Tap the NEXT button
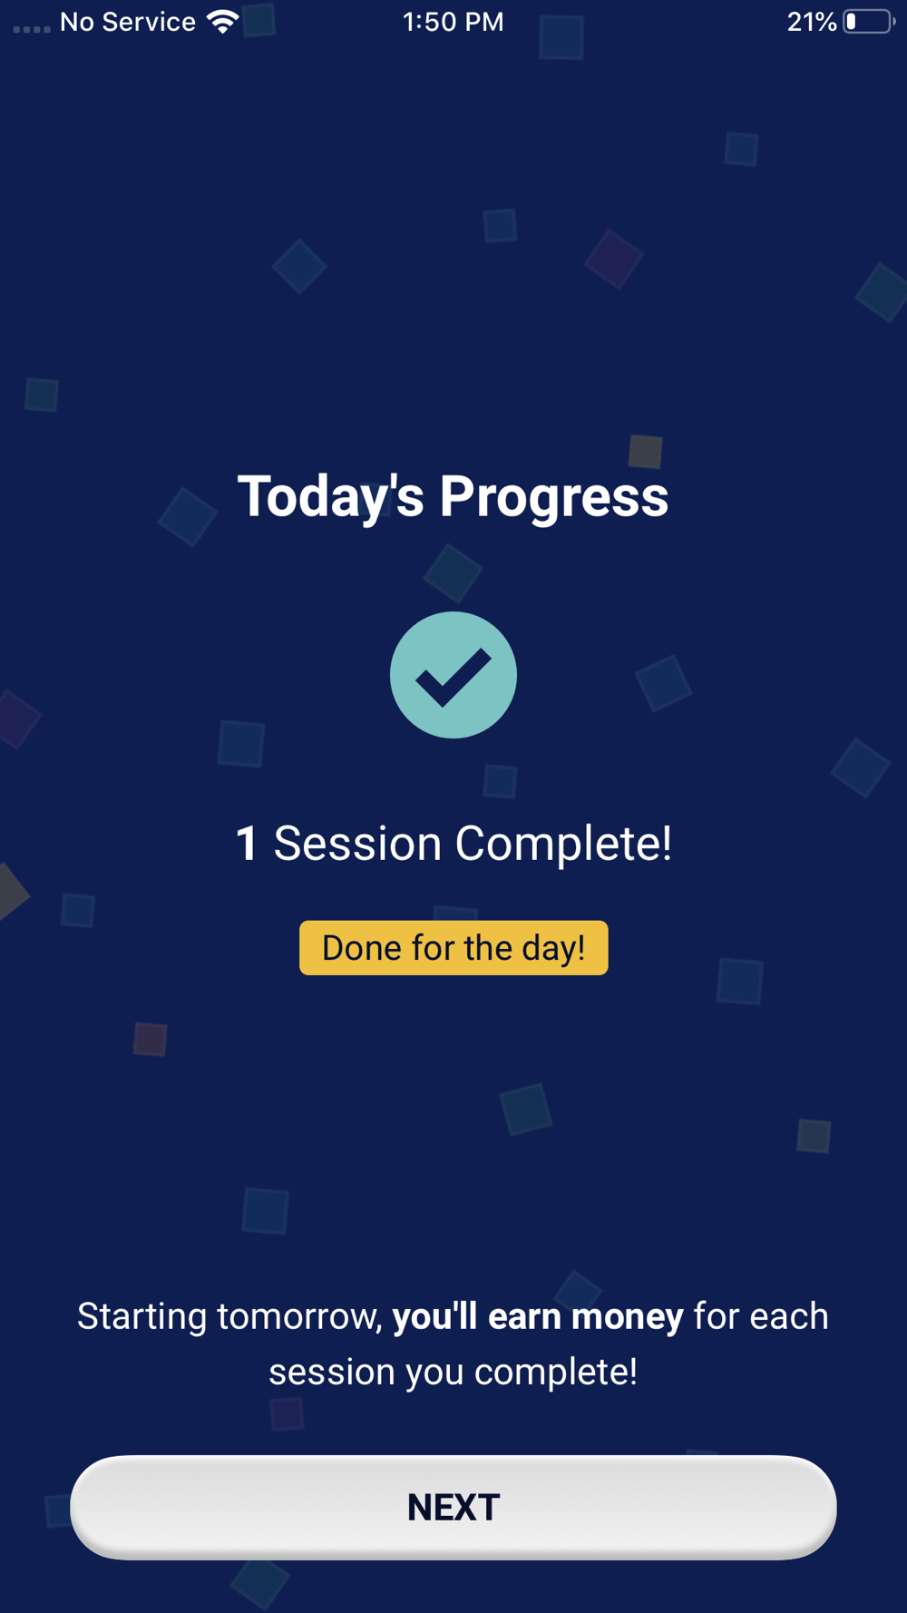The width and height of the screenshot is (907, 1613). pos(453,1507)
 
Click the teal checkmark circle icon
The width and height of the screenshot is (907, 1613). pos(453,675)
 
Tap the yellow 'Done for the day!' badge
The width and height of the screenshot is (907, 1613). pos(453,948)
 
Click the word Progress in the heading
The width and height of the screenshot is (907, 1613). pos(554,497)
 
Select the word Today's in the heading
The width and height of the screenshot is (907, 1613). pos(331,497)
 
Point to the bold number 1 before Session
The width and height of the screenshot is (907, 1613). pos(247,844)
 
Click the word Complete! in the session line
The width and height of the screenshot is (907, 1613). pos(563,844)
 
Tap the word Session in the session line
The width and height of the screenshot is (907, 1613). pos(357,844)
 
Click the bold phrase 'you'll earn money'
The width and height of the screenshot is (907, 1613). pos(538,1316)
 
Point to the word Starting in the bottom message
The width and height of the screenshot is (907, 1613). pos(141,1317)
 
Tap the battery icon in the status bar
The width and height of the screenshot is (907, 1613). pos(869,22)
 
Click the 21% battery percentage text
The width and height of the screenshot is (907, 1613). pos(812,22)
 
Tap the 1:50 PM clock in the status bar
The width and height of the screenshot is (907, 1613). pos(453,22)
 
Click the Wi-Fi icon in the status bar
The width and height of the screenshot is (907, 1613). pos(222,21)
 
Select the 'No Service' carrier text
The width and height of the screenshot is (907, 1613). pos(128,22)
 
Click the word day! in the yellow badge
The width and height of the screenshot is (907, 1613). pos(553,948)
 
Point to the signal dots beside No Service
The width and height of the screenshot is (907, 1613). pos(32,29)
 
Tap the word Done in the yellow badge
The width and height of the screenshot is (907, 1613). pos(362,948)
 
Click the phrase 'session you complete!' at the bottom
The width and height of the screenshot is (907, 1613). pos(453,1372)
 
